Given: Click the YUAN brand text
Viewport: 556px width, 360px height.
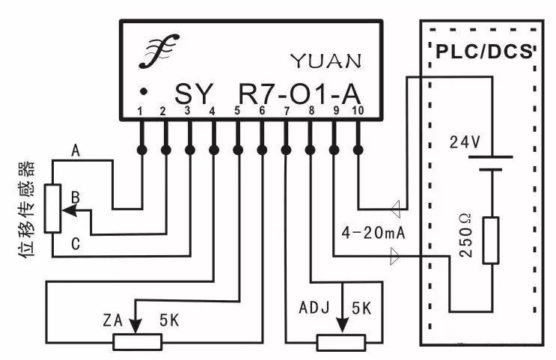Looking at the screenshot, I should [325, 60].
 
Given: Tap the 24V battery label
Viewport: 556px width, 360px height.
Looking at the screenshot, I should [465, 143].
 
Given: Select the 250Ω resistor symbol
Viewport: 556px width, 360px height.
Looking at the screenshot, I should [491, 240].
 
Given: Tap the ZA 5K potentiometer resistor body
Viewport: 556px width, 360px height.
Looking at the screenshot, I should [138, 342].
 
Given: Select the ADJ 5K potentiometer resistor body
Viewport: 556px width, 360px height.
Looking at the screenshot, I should [341, 342].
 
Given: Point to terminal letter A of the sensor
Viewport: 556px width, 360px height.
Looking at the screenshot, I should [75, 151].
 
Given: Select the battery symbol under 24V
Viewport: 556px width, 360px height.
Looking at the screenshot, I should [491, 163].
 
